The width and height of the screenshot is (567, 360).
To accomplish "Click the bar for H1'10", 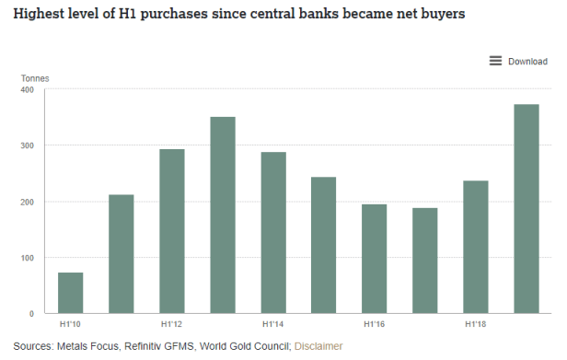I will (x=71, y=293).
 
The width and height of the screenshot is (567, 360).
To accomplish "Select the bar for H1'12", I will (x=172, y=231).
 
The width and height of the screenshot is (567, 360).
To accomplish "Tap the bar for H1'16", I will (x=375, y=259).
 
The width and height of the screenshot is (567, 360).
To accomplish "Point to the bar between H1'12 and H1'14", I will (x=223, y=215).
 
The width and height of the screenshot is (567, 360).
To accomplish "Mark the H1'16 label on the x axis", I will (x=375, y=325).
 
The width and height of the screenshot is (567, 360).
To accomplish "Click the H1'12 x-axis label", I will (x=172, y=325).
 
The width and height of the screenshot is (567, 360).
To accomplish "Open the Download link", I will (x=528, y=62).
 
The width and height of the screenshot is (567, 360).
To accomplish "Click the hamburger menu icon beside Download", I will (x=495, y=62).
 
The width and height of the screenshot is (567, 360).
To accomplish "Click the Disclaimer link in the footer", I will (x=318, y=346).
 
